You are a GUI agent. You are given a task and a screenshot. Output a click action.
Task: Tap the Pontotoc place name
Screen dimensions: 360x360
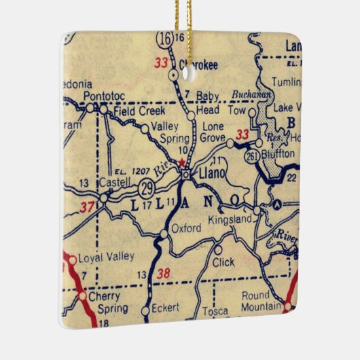[103, 96]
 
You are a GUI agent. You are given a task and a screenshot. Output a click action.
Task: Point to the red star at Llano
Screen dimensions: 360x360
[181, 162]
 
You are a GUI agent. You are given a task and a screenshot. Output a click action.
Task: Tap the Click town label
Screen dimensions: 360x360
[223, 262]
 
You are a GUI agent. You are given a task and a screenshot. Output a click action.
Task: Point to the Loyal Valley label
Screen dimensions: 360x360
[107, 257]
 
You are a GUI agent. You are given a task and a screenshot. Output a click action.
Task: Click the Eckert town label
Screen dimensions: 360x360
[165, 308]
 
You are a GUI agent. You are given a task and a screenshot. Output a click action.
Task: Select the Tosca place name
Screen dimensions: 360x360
[216, 311]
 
